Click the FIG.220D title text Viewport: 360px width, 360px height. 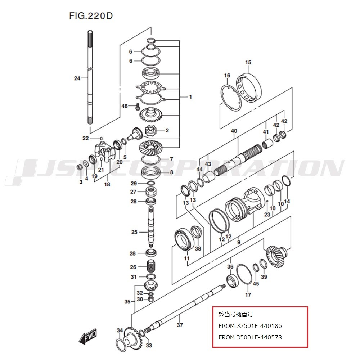pos(91,16)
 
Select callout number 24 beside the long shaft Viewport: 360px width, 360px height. pos(77,78)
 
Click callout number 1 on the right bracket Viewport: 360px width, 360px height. pos(190,97)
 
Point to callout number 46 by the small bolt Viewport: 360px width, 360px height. pos(125,106)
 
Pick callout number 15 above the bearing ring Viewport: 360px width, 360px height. pos(248,62)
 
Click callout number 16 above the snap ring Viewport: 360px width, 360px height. pos(227,75)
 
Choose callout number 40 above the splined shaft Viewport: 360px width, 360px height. pos(234,131)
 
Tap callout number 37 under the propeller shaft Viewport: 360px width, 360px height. pos(180,325)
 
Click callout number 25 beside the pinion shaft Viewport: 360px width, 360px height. pos(134,232)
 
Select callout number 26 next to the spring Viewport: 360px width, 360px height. pos(133,267)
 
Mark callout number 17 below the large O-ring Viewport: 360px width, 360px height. pos(248,294)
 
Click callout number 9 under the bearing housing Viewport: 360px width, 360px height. pos(239,242)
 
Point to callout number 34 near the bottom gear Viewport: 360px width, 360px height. pos(120,330)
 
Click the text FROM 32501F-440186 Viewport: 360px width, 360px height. pos(250,326)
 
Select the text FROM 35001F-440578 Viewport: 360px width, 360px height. pos(250,337)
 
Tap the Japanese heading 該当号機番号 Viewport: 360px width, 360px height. pos(236,314)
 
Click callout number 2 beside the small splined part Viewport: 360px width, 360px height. pos(167,130)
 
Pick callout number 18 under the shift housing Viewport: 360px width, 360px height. pos(107,184)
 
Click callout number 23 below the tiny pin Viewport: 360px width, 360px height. pos(267,215)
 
